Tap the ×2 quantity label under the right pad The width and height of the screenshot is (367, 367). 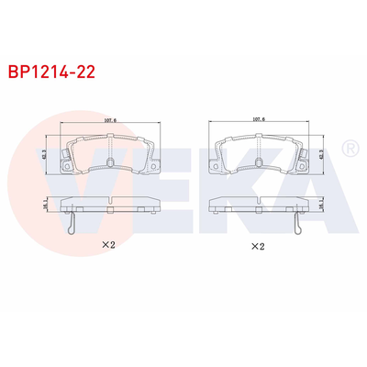click(x=258, y=247)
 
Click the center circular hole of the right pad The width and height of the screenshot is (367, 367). click(x=259, y=163)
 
